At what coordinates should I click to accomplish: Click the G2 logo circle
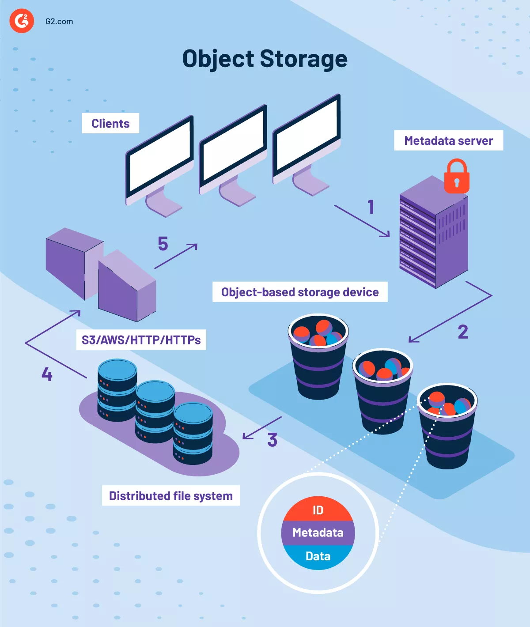(22, 20)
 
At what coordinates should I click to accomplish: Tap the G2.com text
(59, 21)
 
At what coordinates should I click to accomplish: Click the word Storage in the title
(303, 59)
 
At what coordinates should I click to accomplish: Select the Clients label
(110, 123)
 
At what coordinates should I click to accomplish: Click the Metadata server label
(448, 140)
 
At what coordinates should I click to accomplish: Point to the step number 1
(371, 207)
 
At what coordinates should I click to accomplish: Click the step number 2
(462, 332)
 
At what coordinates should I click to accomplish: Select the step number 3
(272, 440)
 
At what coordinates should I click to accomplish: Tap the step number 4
(47, 374)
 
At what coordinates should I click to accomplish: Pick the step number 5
(163, 244)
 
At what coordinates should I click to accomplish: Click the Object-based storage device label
(300, 292)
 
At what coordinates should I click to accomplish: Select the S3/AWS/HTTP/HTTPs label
(141, 340)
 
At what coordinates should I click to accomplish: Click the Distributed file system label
(170, 495)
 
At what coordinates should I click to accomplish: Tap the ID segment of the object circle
(318, 510)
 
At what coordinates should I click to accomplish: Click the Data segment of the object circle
(318, 556)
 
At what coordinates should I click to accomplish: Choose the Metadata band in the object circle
(318, 533)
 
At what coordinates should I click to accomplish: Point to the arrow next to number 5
(176, 256)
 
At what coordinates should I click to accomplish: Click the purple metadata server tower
(433, 234)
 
